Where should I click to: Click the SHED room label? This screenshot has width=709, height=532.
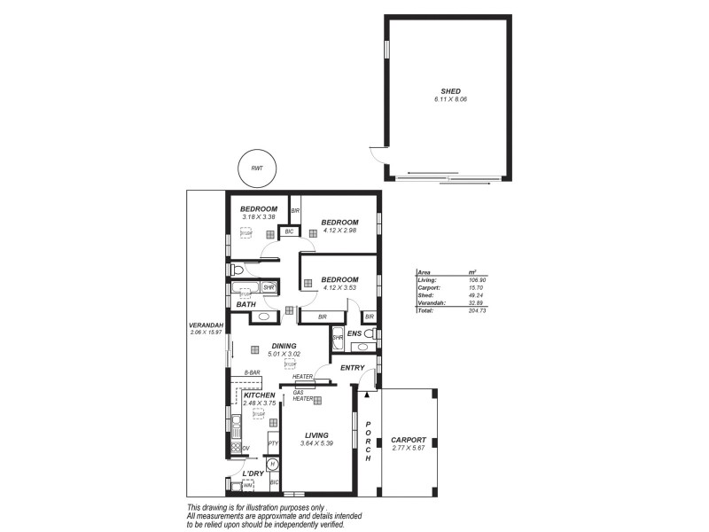[x=450, y=91]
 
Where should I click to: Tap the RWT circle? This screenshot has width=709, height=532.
[x=257, y=168]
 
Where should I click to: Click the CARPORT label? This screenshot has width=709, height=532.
[x=409, y=440]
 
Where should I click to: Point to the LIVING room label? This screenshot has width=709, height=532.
[x=317, y=435]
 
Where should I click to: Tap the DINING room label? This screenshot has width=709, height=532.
[x=284, y=347]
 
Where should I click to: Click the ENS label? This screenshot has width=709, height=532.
[x=354, y=333]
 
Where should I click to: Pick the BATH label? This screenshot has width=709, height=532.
[x=246, y=305]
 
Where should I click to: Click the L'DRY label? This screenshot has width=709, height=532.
[x=253, y=474]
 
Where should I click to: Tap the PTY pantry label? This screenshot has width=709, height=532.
[x=273, y=442]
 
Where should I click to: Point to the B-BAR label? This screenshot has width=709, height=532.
[x=252, y=372]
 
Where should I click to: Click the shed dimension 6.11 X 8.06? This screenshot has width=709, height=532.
[x=450, y=99]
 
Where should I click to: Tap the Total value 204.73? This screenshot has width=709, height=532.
[x=478, y=311]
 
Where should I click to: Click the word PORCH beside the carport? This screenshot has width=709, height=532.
[x=368, y=440]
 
